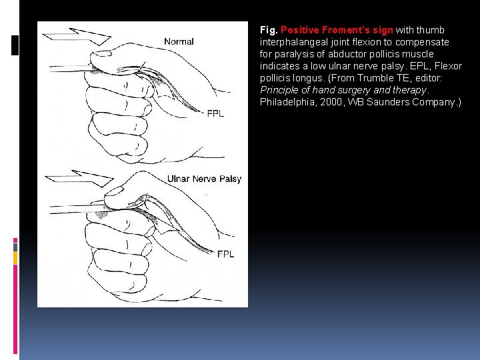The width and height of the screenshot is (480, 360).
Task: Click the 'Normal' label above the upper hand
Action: pyautogui.click(x=179, y=41)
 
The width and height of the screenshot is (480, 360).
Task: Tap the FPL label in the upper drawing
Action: pyautogui.click(x=215, y=113)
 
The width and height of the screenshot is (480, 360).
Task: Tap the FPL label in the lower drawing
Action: pyautogui.click(x=225, y=254)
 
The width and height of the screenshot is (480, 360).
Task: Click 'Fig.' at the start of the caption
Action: pyautogui.click(x=269, y=30)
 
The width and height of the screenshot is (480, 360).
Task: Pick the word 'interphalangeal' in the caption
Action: pyautogui.click(x=291, y=42)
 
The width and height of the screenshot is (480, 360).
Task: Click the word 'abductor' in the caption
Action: pyautogui.click(x=354, y=54)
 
